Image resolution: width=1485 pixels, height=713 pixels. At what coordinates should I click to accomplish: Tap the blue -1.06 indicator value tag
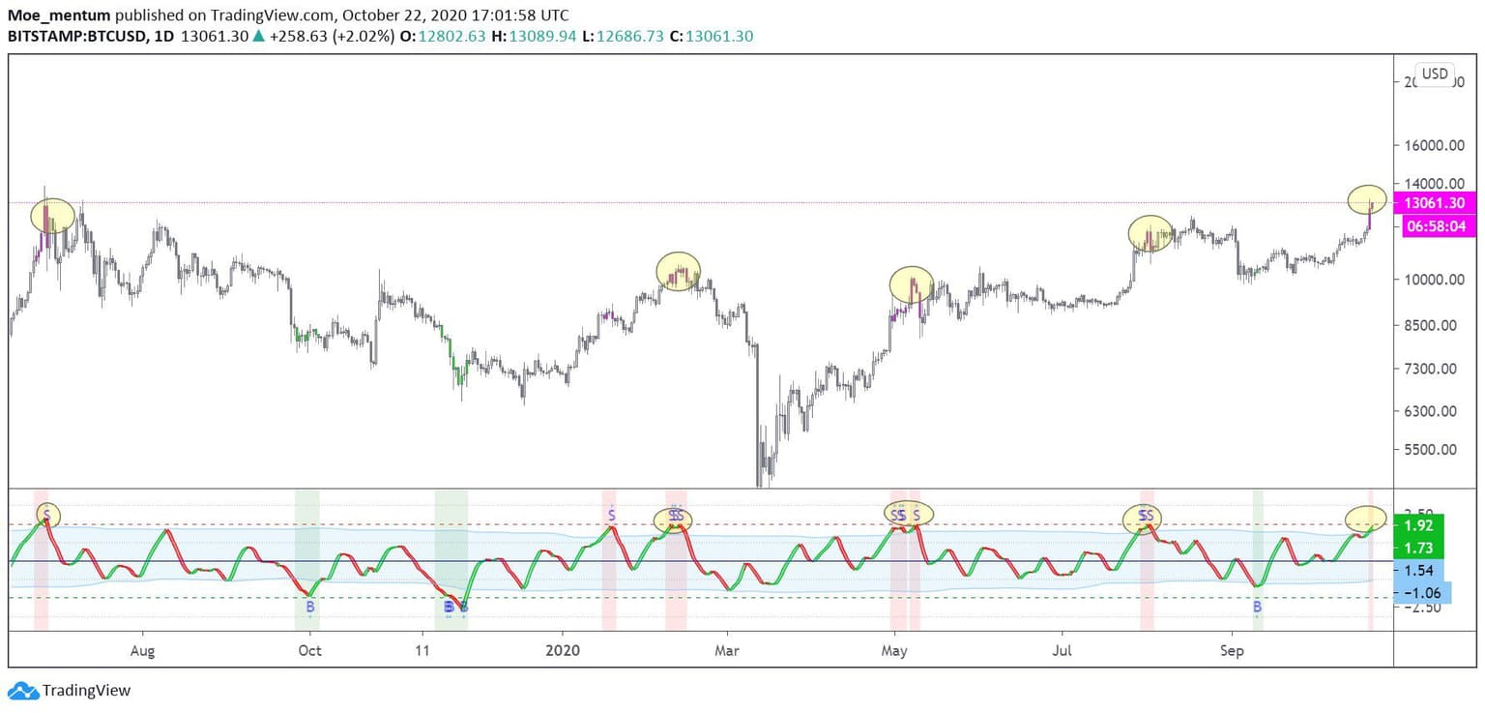click(x=1420, y=593)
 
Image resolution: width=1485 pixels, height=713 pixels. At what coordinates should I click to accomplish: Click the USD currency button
click(x=1435, y=74)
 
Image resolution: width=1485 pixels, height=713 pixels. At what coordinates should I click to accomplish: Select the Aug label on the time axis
click(x=142, y=650)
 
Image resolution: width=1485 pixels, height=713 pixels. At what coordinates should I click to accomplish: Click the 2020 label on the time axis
click(x=563, y=650)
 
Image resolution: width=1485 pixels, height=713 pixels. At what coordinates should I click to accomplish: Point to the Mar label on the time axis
click(x=726, y=650)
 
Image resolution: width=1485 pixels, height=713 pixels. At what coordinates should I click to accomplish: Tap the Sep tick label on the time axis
click(x=1232, y=650)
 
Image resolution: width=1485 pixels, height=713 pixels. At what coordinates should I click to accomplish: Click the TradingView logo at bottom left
click(x=69, y=691)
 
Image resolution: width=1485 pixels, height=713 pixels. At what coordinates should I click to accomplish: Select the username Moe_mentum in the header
click(x=57, y=15)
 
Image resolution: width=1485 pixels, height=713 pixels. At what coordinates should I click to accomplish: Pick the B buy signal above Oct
click(x=310, y=607)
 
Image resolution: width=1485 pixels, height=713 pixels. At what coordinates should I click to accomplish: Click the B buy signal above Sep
click(x=1257, y=607)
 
